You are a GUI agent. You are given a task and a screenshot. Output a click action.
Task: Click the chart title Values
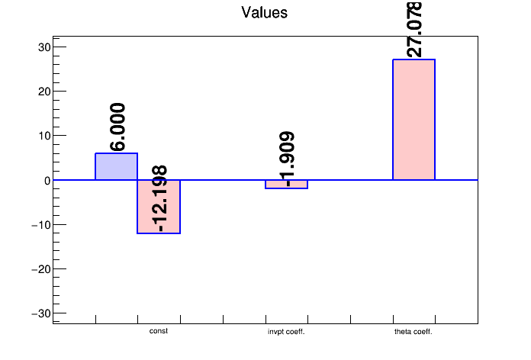click(x=265, y=12)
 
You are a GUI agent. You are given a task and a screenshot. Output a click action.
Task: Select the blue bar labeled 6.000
click(x=116, y=166)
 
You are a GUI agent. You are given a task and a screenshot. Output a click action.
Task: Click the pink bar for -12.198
click(x=159, y=207)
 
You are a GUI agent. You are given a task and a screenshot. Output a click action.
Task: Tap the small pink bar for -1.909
click(x=286, y=185)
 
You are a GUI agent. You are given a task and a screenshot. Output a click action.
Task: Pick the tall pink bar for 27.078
click(x=414, y=120)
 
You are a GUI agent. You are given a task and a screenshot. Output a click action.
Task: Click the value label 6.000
click(x=117, y=127)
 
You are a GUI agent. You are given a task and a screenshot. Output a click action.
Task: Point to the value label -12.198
click(x=159, y=198)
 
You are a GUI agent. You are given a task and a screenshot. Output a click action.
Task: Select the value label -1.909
click(x=288, y=159)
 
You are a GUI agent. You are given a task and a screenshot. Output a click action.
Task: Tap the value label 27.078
click(x=415, y=29)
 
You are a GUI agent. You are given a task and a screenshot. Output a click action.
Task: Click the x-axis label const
click(x=159, y=332)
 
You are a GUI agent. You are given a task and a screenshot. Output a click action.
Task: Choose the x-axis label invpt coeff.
click(x=286, y=333)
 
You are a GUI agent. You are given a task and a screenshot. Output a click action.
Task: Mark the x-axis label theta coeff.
click(x=414, y=333)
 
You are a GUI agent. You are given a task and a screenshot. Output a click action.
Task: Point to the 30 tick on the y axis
click(x=43, y=47)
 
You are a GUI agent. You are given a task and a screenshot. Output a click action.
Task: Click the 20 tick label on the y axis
click(x=43, y=92)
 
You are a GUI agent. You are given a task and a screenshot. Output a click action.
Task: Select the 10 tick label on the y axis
click(x=43, y=136)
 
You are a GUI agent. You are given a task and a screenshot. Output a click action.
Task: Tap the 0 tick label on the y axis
click(x=47, y=181)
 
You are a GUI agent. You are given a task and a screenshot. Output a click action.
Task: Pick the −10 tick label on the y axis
click(x=40, y=225)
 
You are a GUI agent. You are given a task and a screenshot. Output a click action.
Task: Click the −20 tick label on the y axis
click(x=40, y=269)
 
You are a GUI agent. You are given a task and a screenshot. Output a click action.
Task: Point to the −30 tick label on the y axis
click(x=40, y=314)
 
